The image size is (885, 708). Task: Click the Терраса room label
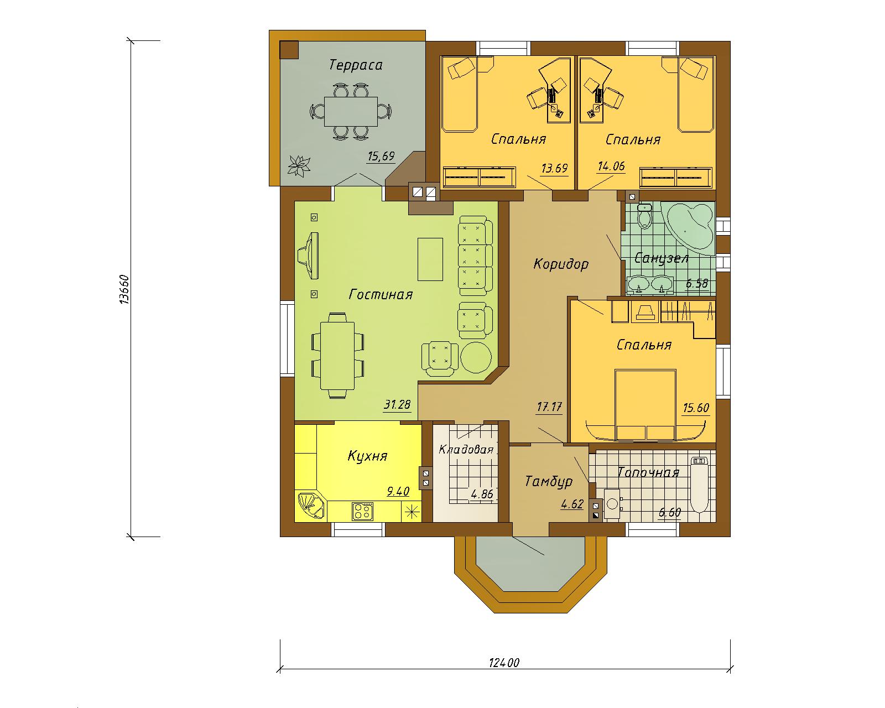click(356, 65)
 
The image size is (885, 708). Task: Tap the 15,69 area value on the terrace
click(381, 156)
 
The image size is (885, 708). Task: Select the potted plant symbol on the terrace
click(299, 166)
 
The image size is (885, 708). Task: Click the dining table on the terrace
click(351, 111)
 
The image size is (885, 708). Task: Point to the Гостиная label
click(381, 294)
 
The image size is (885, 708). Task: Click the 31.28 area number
click(397, 404)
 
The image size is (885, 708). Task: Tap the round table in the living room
click(476, 357)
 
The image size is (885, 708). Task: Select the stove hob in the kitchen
click(363, 511)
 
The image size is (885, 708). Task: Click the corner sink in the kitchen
click(311, 507)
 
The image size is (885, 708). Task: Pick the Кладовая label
click(466, 449)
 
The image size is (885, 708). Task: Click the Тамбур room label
click(549, 481)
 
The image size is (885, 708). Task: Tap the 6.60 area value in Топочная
click(669, 512)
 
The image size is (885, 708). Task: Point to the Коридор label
click(561, 264)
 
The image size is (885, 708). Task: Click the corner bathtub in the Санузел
click(689, 227)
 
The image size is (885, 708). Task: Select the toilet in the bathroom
click(644, 216)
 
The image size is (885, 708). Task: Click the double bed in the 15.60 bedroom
click(645, 405)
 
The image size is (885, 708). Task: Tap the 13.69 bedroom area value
click(554, 168)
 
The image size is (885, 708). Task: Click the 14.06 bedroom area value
click(611, 166)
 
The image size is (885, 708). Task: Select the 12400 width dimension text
click(504, 674)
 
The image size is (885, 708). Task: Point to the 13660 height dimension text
click(124, 290)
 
